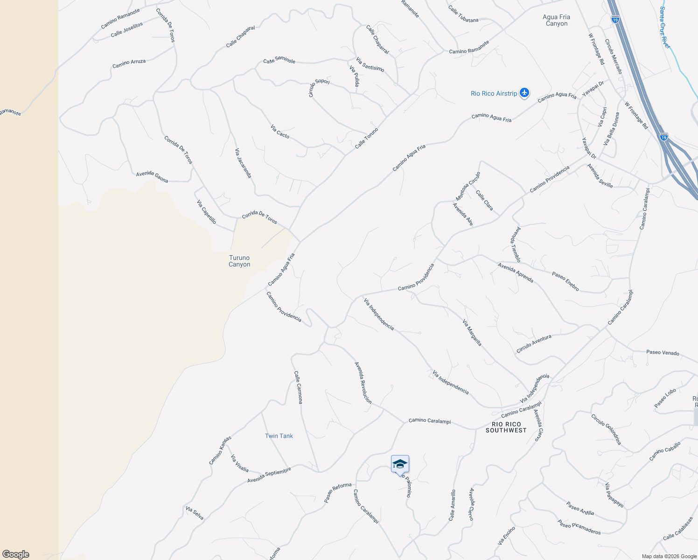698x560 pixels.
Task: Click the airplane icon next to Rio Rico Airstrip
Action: coord(524,93)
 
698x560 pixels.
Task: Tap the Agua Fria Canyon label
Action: coord(556,20)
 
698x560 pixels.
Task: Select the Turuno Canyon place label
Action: coord(239,261)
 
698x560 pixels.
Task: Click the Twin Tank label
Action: coord(279,436)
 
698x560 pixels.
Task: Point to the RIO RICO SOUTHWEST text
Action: coord(506,427)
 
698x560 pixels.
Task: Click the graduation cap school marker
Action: coord(400,464)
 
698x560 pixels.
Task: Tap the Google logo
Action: coord(15,554)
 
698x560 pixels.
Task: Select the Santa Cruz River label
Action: coord(665,27)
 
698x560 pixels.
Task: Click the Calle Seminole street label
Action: coord(279,60)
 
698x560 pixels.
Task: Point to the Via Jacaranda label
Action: coord(243,163)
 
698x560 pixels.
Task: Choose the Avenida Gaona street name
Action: coord(152,176)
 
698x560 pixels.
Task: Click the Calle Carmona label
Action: coord(298,387)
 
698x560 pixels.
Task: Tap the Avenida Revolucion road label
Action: coord(363,383)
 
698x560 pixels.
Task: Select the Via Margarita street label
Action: coord(472,332)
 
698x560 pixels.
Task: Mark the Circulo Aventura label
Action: coord(534,343)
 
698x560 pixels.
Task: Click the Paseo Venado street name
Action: coord(663,352)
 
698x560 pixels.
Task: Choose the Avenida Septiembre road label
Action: coord(269,475)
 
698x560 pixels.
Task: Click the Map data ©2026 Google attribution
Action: coord(669,556)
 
